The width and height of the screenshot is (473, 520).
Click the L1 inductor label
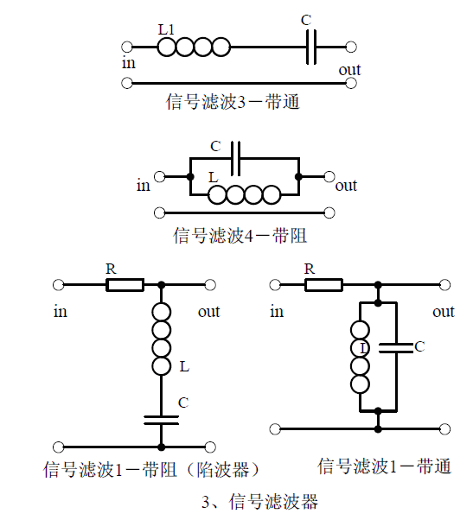(166, 30)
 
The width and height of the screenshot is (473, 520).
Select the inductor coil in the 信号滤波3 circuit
(194, 48)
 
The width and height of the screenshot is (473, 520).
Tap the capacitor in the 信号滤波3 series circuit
(311, 48)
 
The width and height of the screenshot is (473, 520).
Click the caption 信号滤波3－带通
(233, 102)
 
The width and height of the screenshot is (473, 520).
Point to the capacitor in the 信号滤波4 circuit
(235, 159)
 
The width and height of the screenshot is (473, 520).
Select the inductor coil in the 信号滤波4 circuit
(245, 194)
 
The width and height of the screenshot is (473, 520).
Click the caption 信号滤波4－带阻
(240, 236)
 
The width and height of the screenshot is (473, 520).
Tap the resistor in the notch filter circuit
(125, 285)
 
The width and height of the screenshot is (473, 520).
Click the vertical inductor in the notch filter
(162, 339)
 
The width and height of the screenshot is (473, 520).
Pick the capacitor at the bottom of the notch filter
(162, 420)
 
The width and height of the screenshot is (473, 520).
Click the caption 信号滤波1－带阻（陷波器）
(151, 470)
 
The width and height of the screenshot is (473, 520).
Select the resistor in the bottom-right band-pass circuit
(323, 285)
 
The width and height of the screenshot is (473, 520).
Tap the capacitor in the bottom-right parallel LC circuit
(396, 347)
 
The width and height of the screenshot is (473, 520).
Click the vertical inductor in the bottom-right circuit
(360, 357)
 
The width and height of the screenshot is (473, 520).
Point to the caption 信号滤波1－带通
(385, 466)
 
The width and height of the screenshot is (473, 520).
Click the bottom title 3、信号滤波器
(260, 501)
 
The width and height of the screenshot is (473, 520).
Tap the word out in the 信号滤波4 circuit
(346, 186)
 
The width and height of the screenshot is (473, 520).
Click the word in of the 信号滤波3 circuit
(129, 63)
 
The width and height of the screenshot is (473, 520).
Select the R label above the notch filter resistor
(112, 269)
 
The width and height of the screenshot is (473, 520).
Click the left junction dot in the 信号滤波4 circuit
(190, 177)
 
